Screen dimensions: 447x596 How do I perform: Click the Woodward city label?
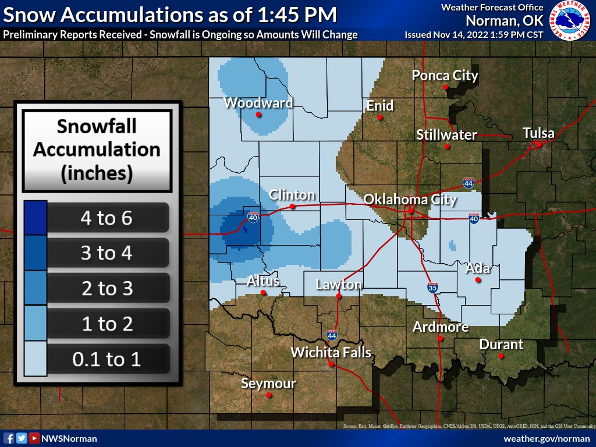(258, 103)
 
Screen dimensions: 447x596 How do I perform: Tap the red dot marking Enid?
(379, 117)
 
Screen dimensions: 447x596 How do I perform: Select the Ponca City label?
(445, 75)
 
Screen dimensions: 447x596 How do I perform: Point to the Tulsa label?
(538, 133)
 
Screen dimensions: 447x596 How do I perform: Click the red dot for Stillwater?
(447, 146)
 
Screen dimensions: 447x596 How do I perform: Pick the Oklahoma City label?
(410, 200)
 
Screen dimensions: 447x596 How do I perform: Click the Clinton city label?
(292, 195)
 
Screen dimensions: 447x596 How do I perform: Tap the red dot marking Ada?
(478, 280)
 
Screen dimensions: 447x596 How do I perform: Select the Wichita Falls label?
(331, 352)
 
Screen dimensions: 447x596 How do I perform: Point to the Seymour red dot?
(269, 395)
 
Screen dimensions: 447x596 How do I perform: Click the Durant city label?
(501, 344)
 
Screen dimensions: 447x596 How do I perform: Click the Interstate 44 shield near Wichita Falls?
(332, 335)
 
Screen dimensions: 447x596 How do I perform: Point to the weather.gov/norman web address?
(547, 438)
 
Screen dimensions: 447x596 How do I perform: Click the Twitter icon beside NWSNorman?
(22, 438)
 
